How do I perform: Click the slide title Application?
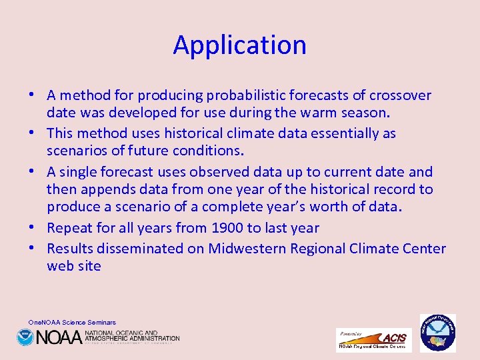pyautogui.click(x=240, y=45)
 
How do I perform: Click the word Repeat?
pyautogui.click(x=70, y=228)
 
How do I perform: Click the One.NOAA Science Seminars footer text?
pyautogui.click(x=72, y=323)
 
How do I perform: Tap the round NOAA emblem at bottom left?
pyautogui.click(x=25, y=337)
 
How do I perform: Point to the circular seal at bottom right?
pyautogui.click(x=437, y=333)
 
